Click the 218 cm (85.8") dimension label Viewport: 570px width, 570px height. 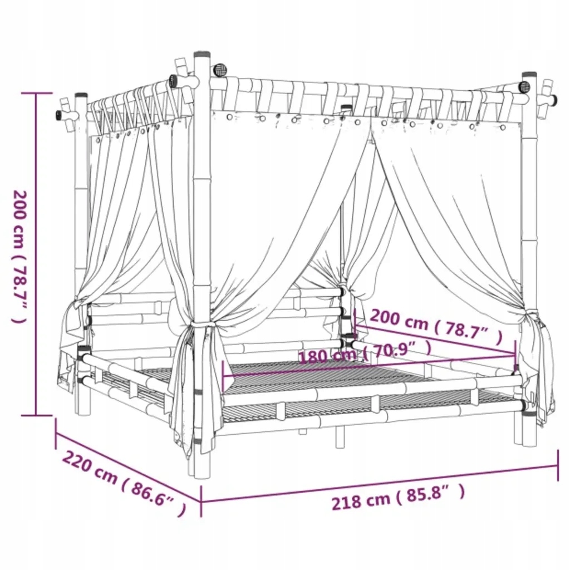[x=397, y=497]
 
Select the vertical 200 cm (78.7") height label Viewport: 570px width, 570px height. [x=20, y=256]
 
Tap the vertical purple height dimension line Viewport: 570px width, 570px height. [x=37, y=254]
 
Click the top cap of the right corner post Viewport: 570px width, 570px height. [x=529, y=74]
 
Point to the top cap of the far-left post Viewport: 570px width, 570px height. [x=81, y=95]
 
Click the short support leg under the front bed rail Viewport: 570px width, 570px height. [x=340, y=437]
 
